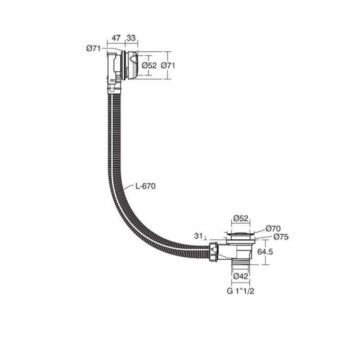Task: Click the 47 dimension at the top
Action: pyautogui.click(x=116, y=38)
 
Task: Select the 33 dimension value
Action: pyautogui.click(x=131, y=38)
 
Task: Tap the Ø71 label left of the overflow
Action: pyautogui.click(x=94, y=49)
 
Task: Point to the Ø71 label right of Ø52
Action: pyautogui.click(x=168, y=66)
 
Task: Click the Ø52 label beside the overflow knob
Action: pyautogui.click(x=149, y=66)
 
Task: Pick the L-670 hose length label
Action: pyautogui.click(x=145, y=186)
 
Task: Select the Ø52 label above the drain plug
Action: pyautogui.click(x=241, y=218)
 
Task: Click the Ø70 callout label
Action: pyautogui.click(x=273, y=229)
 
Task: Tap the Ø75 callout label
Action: pyautogui.click(x=281, y=237)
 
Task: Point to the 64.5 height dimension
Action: pyautogui.click(x=265, y=252)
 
